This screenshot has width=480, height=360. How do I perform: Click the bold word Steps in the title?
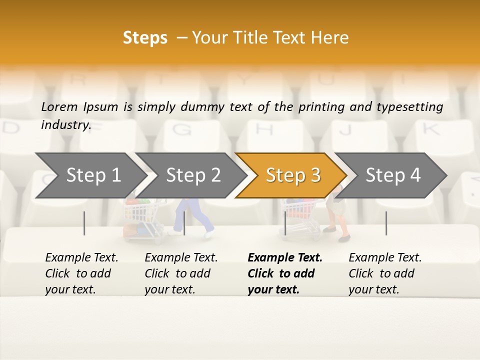(145, 38)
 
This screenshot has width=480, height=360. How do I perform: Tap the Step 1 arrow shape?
(93, 175)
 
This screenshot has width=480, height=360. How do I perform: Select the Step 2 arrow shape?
(193, 175)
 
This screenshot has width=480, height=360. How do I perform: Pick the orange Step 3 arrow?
(293, 175)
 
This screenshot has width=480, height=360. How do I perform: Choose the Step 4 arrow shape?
(393, 175)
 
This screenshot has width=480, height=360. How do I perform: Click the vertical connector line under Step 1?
(84, 223)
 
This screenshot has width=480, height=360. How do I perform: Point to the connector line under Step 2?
(184, 223)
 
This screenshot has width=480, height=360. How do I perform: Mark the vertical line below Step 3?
(285, 223)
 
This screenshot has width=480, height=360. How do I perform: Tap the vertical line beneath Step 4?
(386, 223)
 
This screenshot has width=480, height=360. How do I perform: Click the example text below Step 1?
(81, 273)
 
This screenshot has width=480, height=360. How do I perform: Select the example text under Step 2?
(181, 273)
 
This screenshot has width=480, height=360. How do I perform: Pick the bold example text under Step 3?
(285, 273)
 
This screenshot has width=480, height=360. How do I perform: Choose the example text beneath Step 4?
(385, 273)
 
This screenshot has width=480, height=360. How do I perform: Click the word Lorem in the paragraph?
(59, 106)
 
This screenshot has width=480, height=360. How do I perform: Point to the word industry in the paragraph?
(65, 125)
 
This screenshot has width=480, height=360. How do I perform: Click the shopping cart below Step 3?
(299, 215)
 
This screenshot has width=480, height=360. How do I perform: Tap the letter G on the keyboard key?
(184, 130)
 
